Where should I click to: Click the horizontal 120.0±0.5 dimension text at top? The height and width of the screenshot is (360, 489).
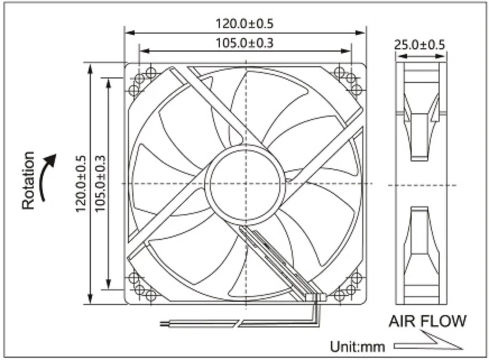pos(245,24)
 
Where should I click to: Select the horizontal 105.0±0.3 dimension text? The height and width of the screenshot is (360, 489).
pos(245,43)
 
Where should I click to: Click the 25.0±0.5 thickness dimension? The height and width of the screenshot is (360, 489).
pos(420,45)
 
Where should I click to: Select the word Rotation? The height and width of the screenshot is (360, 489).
pos(29,180)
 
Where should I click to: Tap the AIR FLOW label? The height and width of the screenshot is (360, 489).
pos(427,321)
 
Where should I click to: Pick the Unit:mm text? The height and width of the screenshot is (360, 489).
pos(357,347)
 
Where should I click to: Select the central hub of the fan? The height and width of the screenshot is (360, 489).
pos(245,183)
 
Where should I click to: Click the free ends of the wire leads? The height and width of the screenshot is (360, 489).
pos(164,324)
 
